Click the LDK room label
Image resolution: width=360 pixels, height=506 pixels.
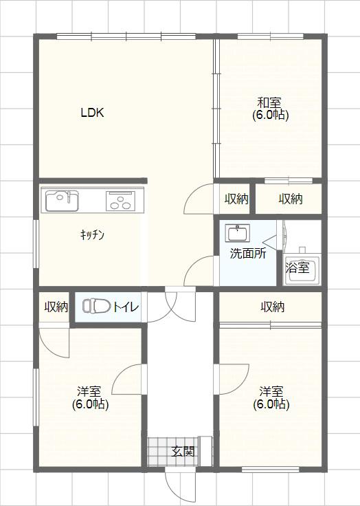92,113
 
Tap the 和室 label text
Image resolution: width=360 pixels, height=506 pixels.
269,102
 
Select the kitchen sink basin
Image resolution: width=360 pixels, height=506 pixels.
62,201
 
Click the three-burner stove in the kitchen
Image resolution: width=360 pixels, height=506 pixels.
120,201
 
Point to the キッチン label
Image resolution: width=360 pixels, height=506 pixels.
92,235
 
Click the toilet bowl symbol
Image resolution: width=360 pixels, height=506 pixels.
96,306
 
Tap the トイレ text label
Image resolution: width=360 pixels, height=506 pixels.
126,307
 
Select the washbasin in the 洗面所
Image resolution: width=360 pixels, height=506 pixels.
238,233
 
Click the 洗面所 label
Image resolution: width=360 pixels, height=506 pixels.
248,254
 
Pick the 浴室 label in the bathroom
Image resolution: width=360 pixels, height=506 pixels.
297,267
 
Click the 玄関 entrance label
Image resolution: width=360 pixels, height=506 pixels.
183,451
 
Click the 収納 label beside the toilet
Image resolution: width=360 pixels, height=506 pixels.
56,307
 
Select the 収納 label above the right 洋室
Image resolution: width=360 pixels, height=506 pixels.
273,307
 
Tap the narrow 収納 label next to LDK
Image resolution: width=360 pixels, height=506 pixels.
236,199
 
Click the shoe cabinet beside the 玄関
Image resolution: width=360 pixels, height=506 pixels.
206,451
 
